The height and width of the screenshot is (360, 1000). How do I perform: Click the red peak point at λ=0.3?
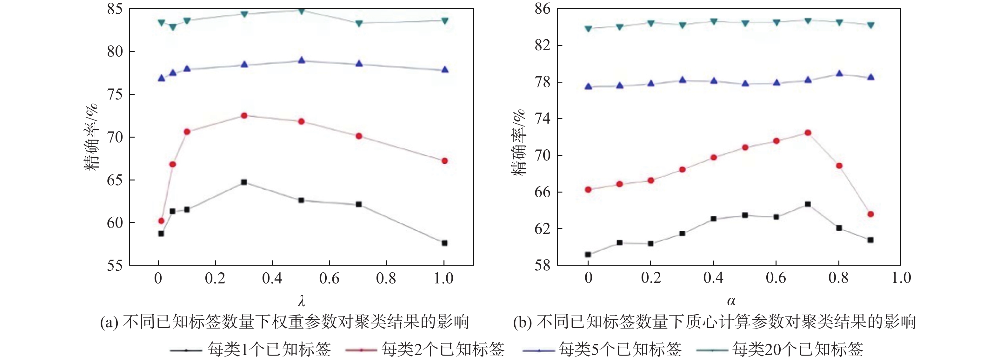[244, 116]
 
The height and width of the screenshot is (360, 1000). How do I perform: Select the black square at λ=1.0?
[444, 243]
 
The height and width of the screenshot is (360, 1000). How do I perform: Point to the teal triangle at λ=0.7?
[359, 23]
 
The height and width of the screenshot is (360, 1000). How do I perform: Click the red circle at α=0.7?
[808, 133]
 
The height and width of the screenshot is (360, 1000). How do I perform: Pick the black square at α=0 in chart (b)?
[588, 255]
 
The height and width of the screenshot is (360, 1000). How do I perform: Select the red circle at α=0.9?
[870, 214]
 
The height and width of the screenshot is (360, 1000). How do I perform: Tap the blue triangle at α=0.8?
[839, 73]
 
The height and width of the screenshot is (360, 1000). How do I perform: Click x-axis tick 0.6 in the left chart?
[329, 278]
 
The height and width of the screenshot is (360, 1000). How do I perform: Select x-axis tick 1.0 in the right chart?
[901, 278]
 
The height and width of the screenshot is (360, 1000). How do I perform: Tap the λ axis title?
[301, 301]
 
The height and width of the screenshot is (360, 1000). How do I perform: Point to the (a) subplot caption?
[284, 322]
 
